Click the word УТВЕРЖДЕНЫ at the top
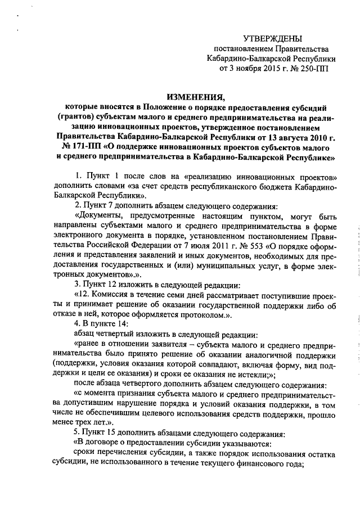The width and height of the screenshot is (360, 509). pyautogui.click(x=272, y=38)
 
